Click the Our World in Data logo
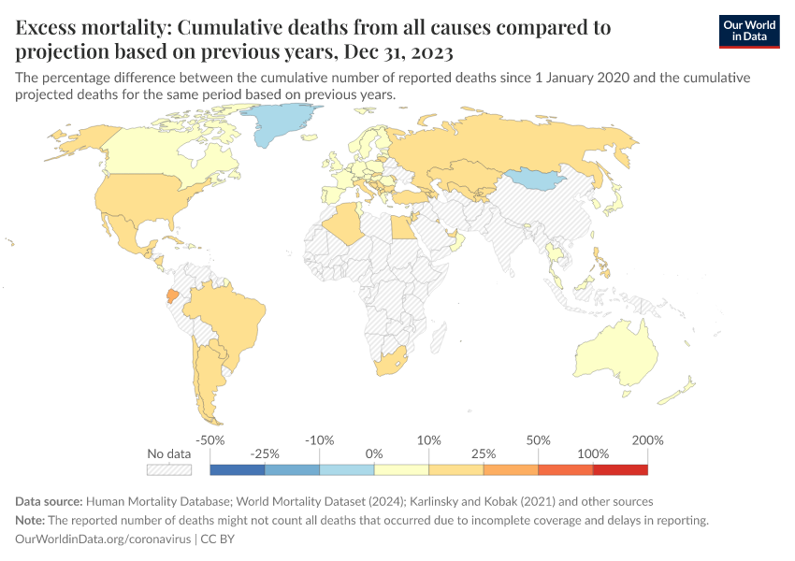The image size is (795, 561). (x=749, y=31)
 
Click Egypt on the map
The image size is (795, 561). (x=400, y=227)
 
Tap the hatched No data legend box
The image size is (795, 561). (x=169, y=469)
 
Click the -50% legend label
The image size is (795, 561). (x=210, y=439)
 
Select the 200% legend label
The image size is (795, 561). (x=647, y=439)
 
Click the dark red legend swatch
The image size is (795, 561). (x=620, y=469)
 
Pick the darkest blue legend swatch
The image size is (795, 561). (x=238, y=469)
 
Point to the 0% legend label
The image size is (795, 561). (x=374, y=453)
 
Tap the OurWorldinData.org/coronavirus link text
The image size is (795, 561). (x=102, y=539)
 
